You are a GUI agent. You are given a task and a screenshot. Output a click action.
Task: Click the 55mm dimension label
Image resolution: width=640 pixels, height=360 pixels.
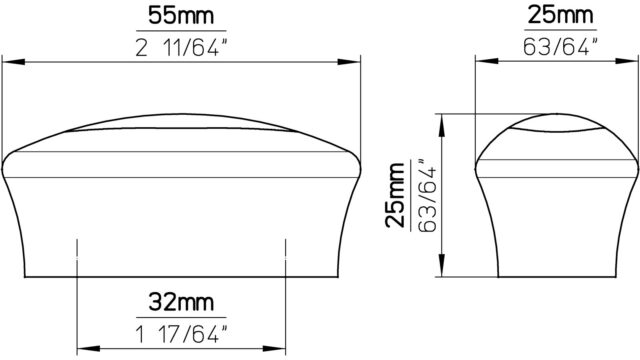pyautogui.click(x=181, y=16)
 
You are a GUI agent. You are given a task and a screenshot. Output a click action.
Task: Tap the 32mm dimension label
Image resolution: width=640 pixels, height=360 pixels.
pyautogui.click(x=181, y=302)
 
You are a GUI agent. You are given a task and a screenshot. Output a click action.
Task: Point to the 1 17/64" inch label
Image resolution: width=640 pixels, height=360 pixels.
pyautogui.click(x=181, y=335)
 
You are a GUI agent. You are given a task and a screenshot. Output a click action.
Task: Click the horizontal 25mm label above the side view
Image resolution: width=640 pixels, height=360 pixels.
pyautogui.click(x=560, y=16)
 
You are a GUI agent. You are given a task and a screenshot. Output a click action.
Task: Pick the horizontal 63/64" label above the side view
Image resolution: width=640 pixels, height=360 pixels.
pyautogui.click(x=560, y=47)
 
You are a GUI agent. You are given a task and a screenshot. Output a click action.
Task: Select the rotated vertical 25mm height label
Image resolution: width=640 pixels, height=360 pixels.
pyautogui.click(x=395, y=195)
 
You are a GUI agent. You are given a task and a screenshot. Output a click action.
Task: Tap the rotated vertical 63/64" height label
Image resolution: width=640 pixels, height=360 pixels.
pyautogui.click(x=427, y=195)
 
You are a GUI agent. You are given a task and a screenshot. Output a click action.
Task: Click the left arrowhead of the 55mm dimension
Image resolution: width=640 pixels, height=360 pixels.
pyautogui.click(x=13, y=62)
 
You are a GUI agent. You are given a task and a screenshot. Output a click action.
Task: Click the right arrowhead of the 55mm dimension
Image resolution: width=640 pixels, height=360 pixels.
pyautogui.click(x=349, y=62)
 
